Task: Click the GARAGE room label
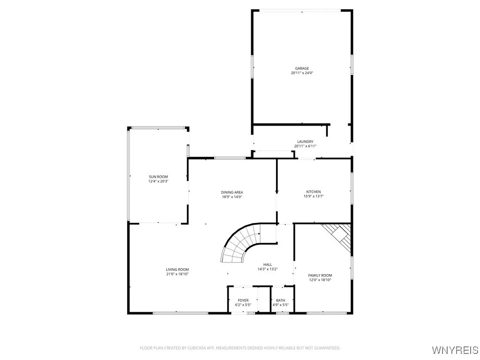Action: [302, 68]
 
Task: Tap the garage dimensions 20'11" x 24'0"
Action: [302, 73]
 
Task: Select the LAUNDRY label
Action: [305, 142]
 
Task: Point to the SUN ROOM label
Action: [158, 177]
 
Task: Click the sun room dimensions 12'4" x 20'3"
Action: [158, 181]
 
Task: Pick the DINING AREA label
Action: [232, 192]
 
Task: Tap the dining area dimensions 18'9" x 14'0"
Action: [232, 197]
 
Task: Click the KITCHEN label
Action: [314, 192]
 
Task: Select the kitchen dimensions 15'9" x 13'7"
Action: [314, 196]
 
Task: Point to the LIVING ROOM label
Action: [177, 270]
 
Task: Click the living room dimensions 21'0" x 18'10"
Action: [177, 274]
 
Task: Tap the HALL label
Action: [268, 264]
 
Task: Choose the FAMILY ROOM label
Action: [320, 275]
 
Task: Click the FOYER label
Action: [243, 300]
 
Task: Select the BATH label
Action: [280, 300]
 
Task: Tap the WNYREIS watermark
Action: [455, 350]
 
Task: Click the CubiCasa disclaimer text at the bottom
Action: [240, 348]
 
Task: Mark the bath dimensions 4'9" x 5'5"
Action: [280, 305]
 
